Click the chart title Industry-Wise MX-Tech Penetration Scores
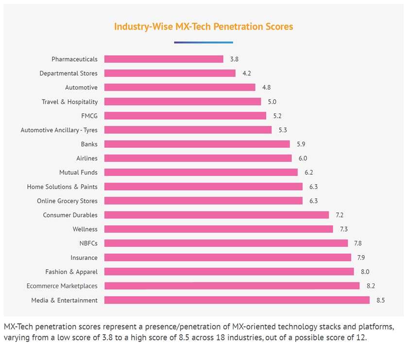203,26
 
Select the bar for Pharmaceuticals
164,59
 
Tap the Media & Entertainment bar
237,300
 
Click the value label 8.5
380,300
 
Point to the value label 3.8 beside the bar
234,59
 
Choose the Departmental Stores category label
68,73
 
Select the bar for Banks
197,144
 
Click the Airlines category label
86,158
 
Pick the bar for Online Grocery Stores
203,201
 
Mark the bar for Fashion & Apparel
229,272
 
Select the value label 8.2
370,286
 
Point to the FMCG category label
89,116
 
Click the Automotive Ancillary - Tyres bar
188,130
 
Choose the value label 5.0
271,102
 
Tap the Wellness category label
85,229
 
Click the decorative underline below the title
203,42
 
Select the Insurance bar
228,257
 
